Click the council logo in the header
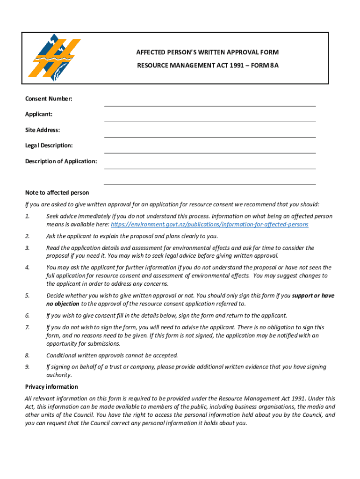point(54,58)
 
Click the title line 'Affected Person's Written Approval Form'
point(207,52)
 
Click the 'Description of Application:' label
point(61,161)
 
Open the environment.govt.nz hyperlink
point(209,225)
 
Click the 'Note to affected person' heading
point(57,193)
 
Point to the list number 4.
point(28,268)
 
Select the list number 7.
point(28,327)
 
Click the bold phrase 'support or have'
point(313,296)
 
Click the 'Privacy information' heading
point(51,387)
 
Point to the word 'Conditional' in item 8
point(63,356)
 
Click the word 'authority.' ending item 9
point(59,375)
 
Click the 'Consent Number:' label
point(49,99)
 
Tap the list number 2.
point(28,236)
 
